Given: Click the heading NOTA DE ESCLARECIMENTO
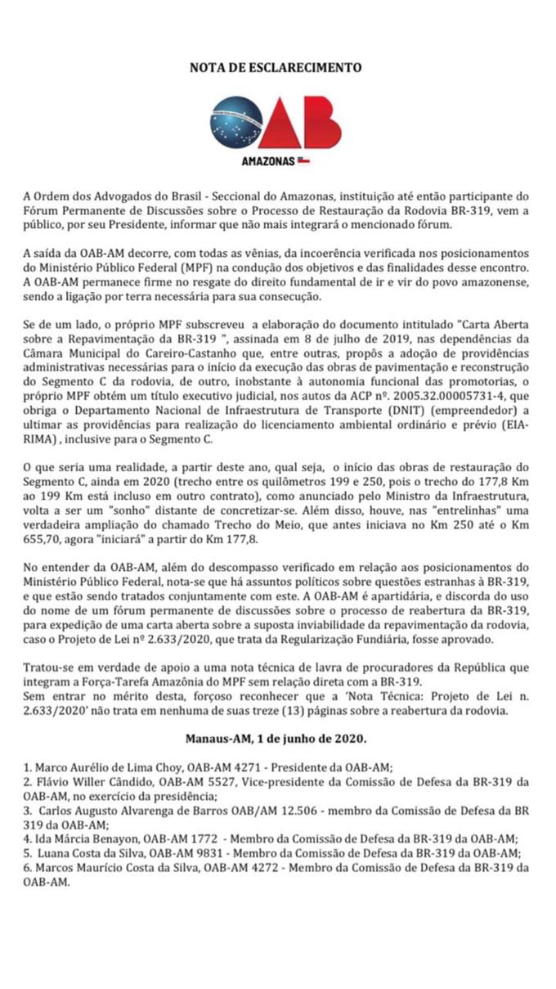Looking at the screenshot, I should (x=276, y=69).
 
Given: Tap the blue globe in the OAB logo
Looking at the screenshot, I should (x=236, y=123).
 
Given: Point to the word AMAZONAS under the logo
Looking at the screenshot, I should (x=267, y=161).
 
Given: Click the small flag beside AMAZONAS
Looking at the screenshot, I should (x=303, y=161).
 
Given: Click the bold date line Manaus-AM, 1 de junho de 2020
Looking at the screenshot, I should (x=276, y=739).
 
